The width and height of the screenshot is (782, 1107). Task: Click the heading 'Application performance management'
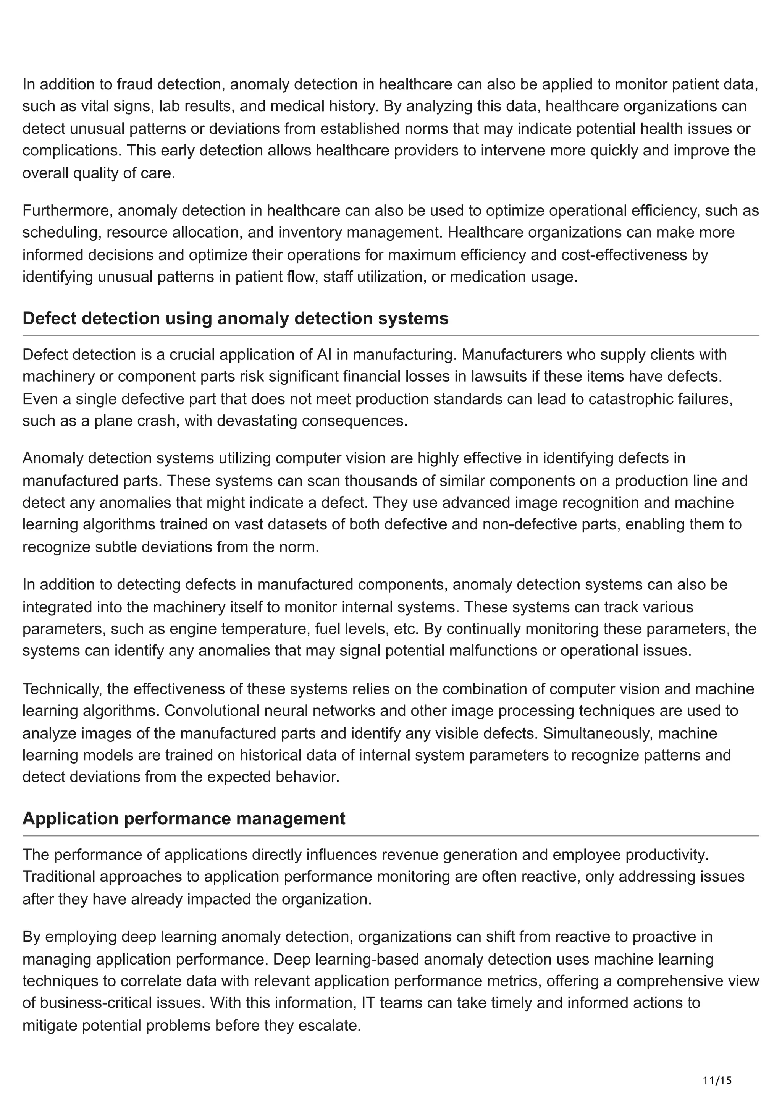184,819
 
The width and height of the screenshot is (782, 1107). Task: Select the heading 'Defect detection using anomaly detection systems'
235,318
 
